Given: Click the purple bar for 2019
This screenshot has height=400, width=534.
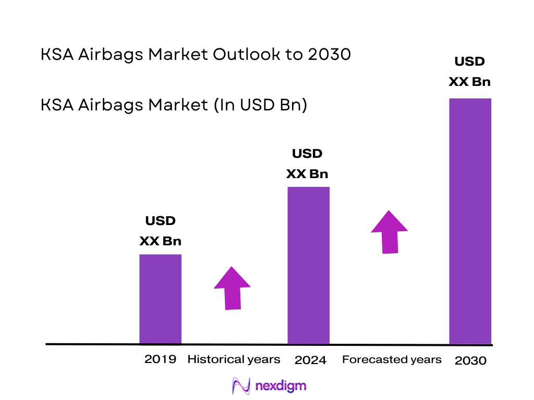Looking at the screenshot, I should coord(160,299).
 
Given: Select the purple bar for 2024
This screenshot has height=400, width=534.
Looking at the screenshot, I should coord(309,265).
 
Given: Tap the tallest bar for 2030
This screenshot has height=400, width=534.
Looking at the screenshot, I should coord(470,221).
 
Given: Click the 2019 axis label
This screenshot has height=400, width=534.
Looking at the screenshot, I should coord(160,359).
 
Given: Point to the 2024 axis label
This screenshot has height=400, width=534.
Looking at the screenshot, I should coord(310,360).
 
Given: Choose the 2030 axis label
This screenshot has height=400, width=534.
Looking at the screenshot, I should coord(470,360).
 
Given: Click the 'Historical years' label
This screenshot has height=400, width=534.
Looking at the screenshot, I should coord(234,359).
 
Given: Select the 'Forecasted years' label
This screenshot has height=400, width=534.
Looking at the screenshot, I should coord(392,359).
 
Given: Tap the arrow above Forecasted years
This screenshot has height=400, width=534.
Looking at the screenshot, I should coord(390,232).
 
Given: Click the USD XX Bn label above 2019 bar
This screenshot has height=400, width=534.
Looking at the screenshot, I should coord(160,231).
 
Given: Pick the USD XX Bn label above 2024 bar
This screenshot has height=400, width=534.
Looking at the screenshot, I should coord(307,164).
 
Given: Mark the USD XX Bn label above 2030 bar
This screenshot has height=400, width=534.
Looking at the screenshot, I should coord(470,71).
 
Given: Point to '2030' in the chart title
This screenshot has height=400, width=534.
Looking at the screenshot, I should coord(329,54).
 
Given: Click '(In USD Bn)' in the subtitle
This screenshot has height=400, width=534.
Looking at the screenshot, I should coord(257,105).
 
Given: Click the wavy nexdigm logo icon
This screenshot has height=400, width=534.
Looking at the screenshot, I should coord(241,386).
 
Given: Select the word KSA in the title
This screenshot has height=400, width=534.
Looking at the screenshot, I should coord(58,54).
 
